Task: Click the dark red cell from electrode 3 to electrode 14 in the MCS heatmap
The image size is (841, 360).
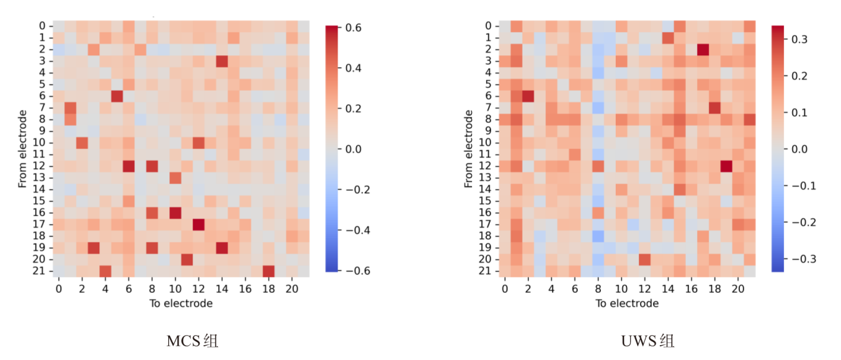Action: click(222, 61)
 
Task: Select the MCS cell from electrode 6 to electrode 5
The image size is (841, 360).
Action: click(117, 96)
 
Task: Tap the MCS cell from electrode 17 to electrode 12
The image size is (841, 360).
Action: click(199, 224)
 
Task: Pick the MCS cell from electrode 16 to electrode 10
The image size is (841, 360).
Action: click(175, 213)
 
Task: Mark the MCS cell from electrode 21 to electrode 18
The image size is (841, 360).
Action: click(269, 271)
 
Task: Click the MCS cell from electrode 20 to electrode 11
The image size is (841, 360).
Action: click(187, 259)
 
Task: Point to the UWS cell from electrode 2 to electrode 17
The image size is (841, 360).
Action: click(703, 49)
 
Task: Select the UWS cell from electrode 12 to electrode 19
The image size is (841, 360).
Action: click(726, 166)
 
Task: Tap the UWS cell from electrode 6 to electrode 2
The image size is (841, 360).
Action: click(528, 96)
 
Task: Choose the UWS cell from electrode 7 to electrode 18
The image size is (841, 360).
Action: click(714, 108)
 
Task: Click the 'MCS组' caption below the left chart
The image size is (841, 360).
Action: click(193, 342)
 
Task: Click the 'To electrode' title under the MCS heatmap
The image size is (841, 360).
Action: click(181, 304)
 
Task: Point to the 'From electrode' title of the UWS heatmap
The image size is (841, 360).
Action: click(470, 149)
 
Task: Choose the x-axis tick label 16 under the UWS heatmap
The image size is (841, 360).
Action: click(691, 289)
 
